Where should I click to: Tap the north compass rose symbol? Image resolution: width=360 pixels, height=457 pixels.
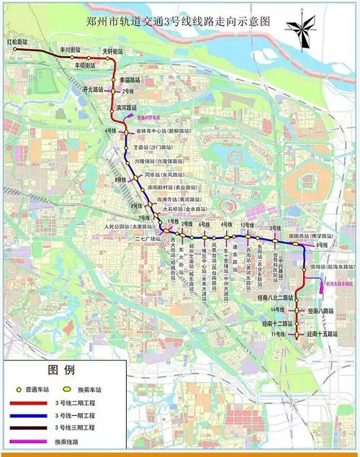click(302, 30)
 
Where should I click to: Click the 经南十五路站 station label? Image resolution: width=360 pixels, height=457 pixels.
click(318, 335)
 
